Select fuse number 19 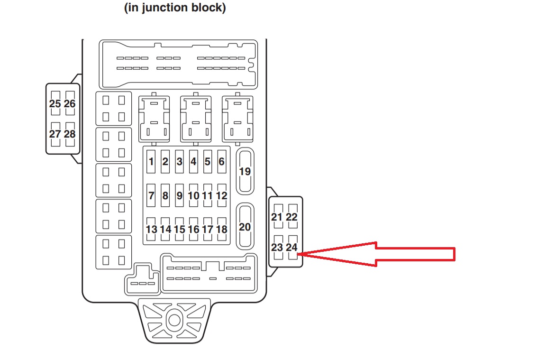(x=245, y=171)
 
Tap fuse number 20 (x=245, y=227)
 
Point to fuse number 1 (x=151, y=162)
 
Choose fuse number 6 (x=221, y=162)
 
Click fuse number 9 (x=179, y=195)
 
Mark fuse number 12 (x=221, y=195)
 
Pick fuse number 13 (x=152, y=229)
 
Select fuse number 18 (x=221, y=229)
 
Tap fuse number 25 (x=55, y=103)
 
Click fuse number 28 (x=70, y=134)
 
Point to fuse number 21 (x=277, y=217)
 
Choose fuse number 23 (x=277, y=248)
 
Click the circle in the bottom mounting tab (x=174, y=319)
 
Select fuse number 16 (x=193, y=229)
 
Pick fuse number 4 (x=193, y=162)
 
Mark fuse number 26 (x=70, y=103)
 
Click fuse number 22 (x=292, y=217)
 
